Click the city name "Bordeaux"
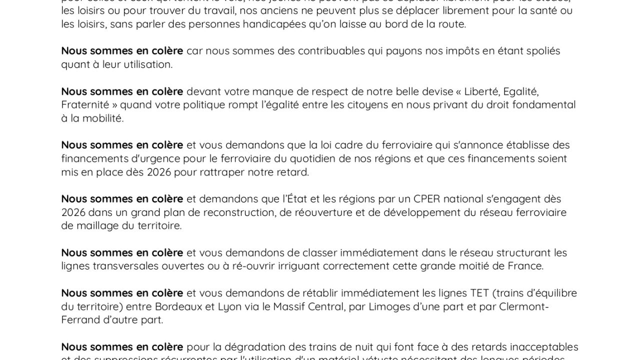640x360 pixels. point(178,306)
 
